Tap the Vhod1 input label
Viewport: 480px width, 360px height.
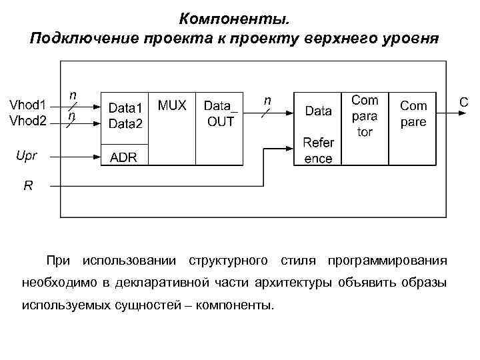click(x=27, y=105)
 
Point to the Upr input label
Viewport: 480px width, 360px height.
click(x=26, y=156)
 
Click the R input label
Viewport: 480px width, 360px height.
click(x=27, y=186)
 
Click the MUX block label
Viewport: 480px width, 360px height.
click(x=172, y=105)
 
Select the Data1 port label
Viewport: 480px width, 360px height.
click(x=125, y=107)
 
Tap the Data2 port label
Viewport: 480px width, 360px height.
click(x=125, y=123)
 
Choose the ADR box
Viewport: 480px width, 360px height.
click(x=123, y=157)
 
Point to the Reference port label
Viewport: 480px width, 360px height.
click(x=318, y=150)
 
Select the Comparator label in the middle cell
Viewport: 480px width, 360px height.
click(x=365, y=116)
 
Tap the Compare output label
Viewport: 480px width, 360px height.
click(x=413, y=113)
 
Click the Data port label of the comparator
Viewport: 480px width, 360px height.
click(x=318, y=111)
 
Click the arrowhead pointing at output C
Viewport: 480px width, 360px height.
click(x=453, y=112)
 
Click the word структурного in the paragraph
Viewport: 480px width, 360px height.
click(x=229, y=259)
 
